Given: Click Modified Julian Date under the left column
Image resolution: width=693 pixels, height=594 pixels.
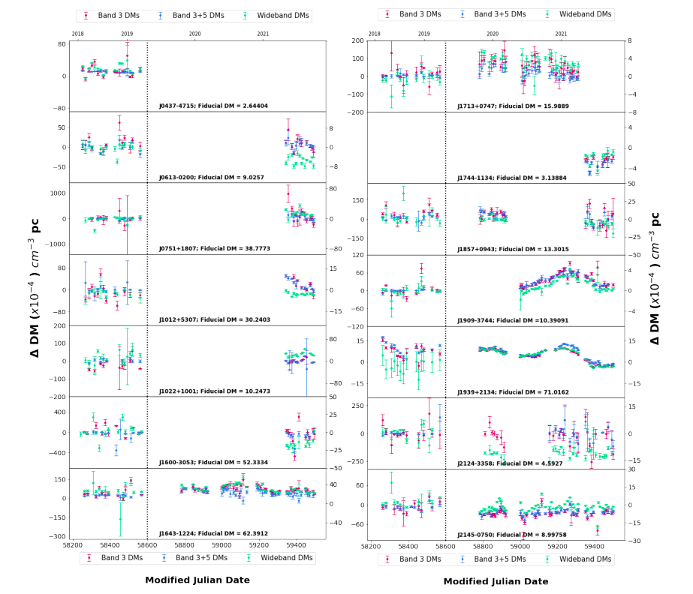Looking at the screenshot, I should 197,580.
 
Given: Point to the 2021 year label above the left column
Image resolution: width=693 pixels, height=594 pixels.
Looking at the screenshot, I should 263,34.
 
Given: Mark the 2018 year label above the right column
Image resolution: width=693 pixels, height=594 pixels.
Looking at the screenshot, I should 375,34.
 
